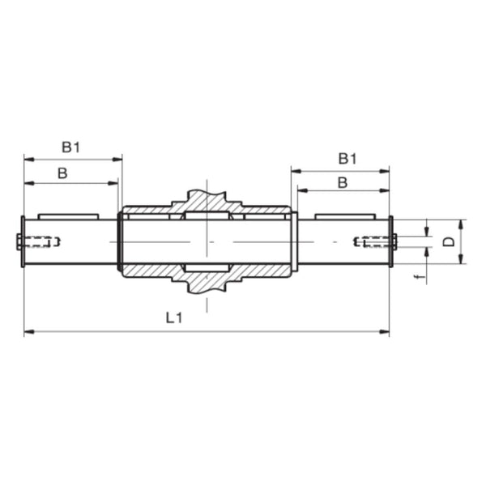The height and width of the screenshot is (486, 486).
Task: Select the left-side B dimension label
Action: pyautogui.click(x=63, y=173)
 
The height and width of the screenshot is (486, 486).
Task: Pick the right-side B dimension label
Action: pyautogui.click(x=342, y=183)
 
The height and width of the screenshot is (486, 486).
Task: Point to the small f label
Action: pyautogui.click(x=418, y=277)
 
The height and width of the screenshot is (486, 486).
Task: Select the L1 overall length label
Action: pyautogui.click(x=173, y=320)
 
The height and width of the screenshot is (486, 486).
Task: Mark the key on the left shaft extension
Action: pyautogui.click(x=68, y=215)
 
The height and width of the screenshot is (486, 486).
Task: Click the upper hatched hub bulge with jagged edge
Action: pyautogui.click(x=207, y=200)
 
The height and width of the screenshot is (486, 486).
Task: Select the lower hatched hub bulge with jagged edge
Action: pyautogui.click(x=207, y=282)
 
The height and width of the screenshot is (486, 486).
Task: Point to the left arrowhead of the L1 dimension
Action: pyautogui.click(x=28, y=331)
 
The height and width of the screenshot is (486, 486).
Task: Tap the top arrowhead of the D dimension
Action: pyautogui.click(x=460, y=223)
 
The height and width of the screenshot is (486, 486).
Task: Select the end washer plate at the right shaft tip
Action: pyautogui.click(x=391, y=241)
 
